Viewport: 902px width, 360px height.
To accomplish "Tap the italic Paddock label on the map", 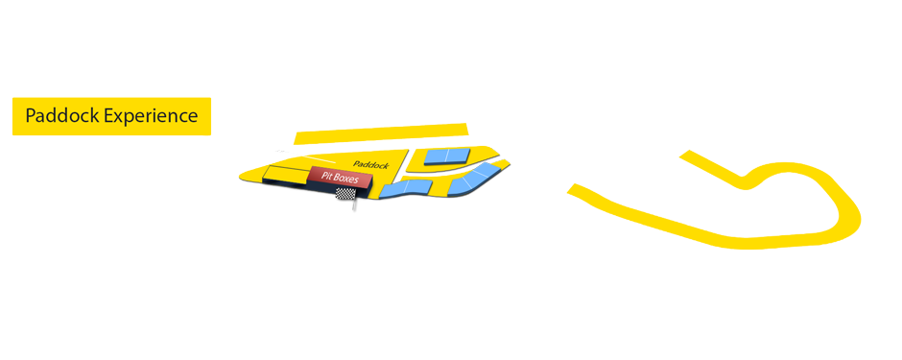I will [x=370, y=164].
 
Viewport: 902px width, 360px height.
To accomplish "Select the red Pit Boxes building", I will [x=340, y=178].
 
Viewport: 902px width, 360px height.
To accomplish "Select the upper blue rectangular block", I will [x=445, y=156].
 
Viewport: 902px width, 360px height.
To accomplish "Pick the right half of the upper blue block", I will [x=455, y=155].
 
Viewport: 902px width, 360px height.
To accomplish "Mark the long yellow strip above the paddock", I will [x=381, y=132].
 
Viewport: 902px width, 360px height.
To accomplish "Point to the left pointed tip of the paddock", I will [x=243, y=176].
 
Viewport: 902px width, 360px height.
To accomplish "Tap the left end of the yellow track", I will [x=576, y=190].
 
